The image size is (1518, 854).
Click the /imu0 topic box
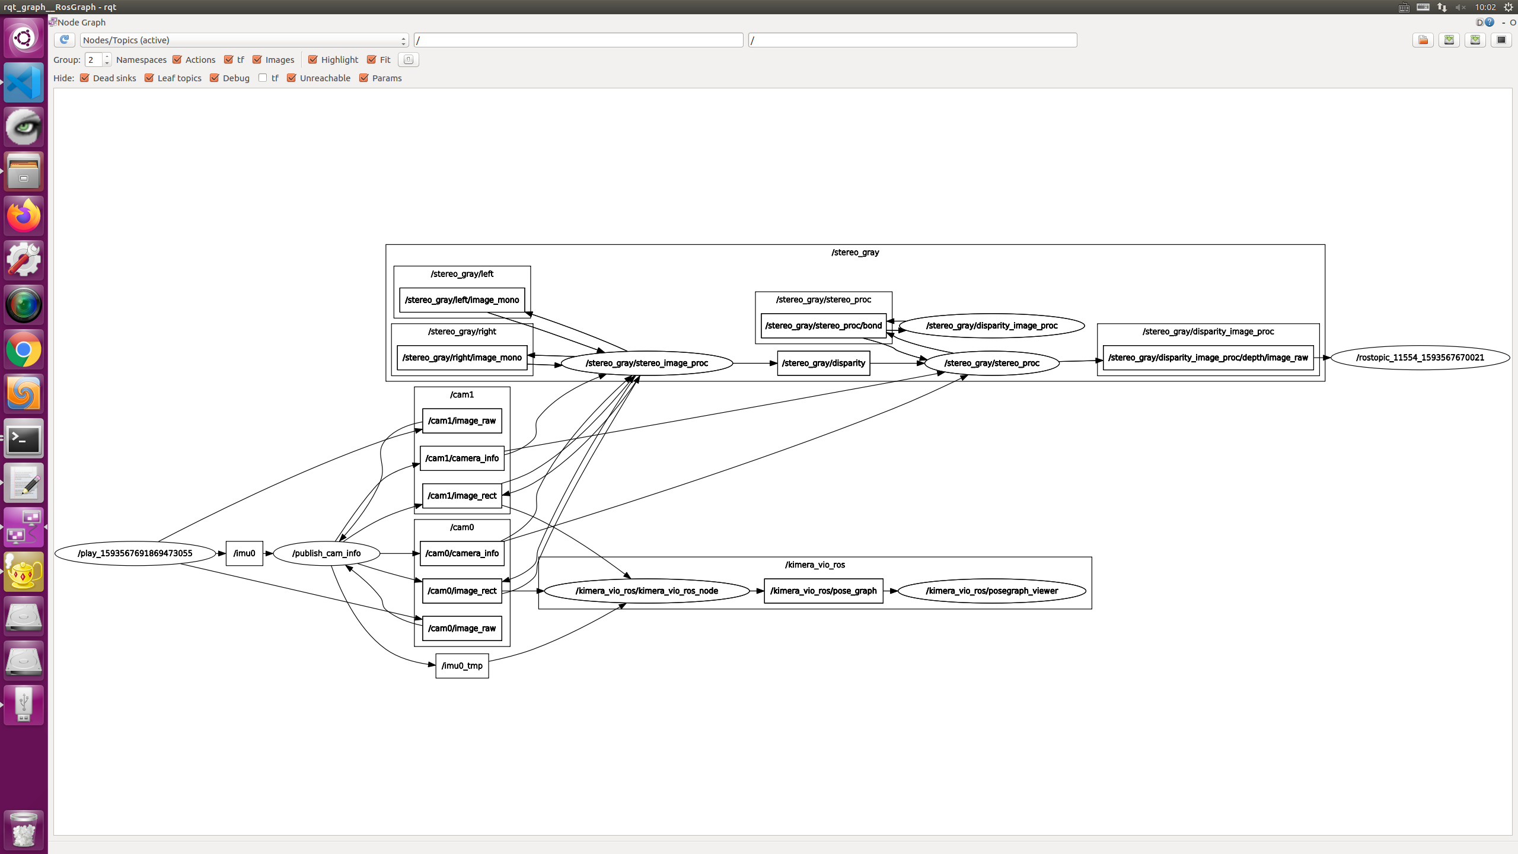244,553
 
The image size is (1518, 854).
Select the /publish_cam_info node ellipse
326,553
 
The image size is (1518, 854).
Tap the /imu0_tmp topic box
462,665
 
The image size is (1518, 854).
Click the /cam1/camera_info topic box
462,458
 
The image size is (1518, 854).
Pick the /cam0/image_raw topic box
462,628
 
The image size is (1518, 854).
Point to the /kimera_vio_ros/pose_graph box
823,591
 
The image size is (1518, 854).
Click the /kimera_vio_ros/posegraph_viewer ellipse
991,591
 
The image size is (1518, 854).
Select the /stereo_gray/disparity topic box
823,363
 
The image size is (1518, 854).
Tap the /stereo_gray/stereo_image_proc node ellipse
646,363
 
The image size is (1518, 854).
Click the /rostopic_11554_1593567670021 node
1420,358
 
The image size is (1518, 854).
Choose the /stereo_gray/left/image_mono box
462,300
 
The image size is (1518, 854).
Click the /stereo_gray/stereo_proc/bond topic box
823,326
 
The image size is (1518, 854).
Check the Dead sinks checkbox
85,78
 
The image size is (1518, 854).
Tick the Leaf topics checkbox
149,78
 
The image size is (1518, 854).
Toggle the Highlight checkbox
313,60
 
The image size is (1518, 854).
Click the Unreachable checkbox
292,78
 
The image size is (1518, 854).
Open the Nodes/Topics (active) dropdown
244,40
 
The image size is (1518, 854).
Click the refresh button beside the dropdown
64,40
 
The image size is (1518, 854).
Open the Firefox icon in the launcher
24,216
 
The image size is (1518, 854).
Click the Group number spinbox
94,60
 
